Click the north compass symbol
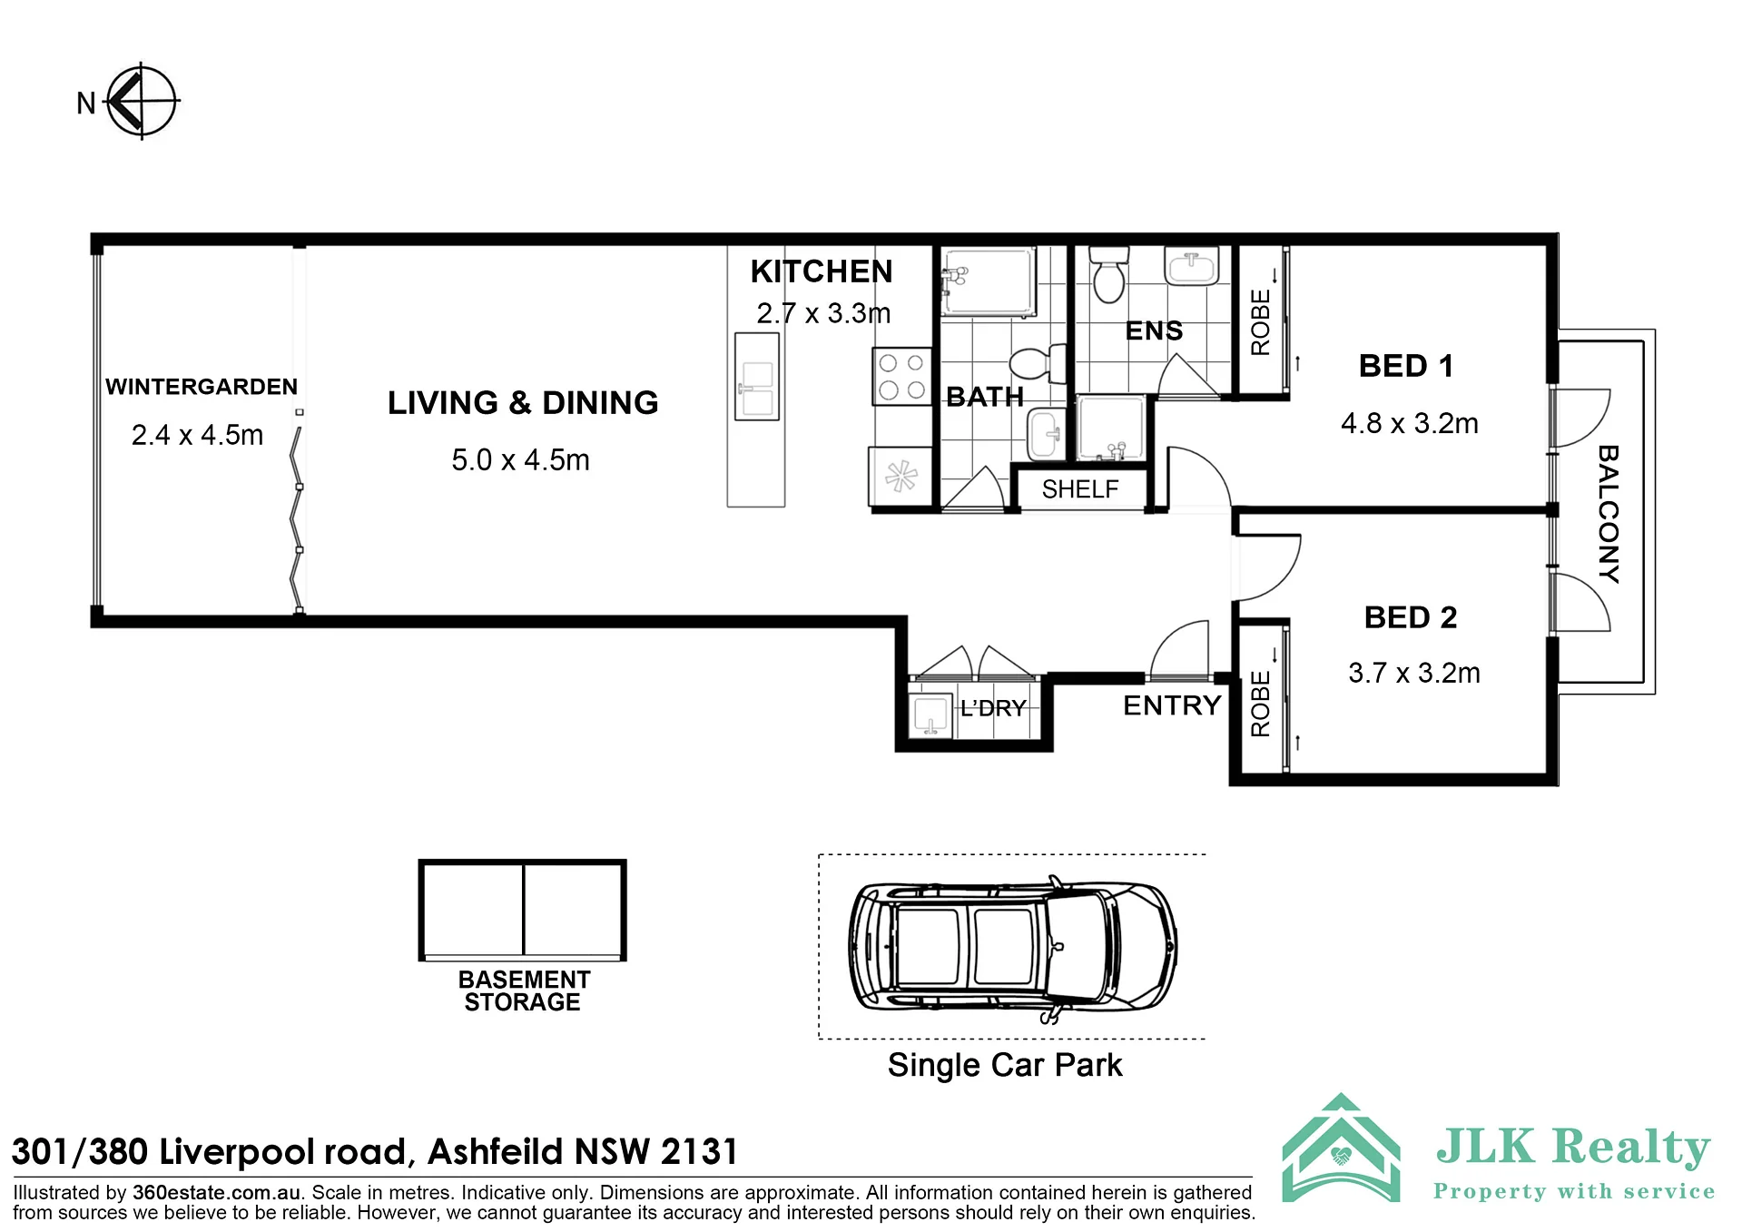point(142,101)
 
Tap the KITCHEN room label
point(822,271)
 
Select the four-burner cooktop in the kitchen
point(901,376)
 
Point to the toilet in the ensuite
point(1108,272)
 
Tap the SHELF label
point(1079,489)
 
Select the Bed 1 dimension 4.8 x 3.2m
point(1410,423)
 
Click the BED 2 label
point(1410,617)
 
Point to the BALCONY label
point(1608,514)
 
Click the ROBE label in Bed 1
point(1260,322)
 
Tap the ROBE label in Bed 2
point(1260,704)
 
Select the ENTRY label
point(1172,705)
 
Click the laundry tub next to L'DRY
point(930,715)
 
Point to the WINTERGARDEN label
point(202,387)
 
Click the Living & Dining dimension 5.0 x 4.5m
point(520,460)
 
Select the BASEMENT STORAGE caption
point(524,991)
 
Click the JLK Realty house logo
point(1341,1148)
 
